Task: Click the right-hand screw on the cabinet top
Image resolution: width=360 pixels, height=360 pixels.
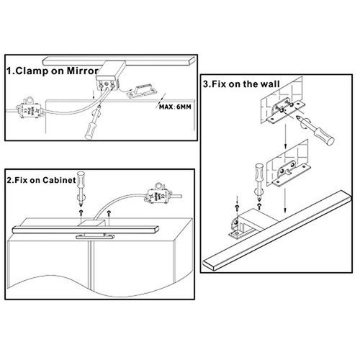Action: [x=109, y=213]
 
